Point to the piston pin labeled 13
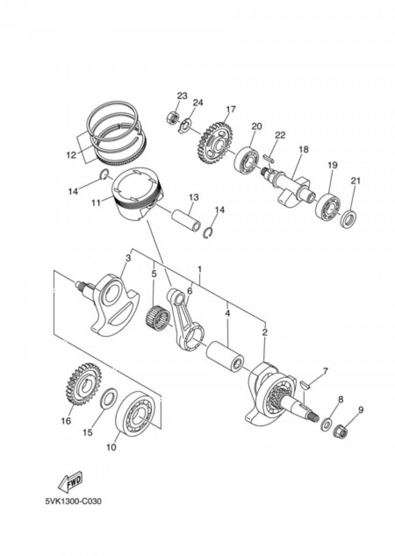(186, 217)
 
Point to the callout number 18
(303, 150)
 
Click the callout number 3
(127, 258)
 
